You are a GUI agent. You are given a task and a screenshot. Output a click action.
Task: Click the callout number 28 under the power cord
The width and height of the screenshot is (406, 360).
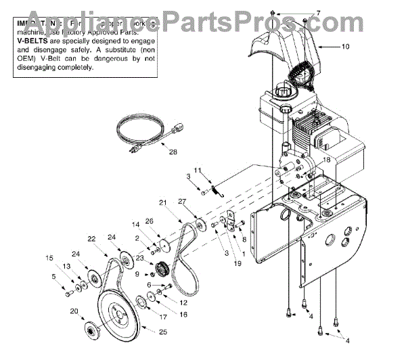coord(173,152)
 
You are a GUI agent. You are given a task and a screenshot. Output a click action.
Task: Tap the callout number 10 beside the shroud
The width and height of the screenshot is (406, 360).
coord(346,47)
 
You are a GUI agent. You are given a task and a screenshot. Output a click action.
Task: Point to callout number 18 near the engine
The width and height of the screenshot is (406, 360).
coord(325,160)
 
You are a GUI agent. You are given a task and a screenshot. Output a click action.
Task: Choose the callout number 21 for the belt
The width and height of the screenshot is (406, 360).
coord(163,202)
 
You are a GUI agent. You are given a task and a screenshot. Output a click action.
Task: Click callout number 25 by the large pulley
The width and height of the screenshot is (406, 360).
coord(162,331)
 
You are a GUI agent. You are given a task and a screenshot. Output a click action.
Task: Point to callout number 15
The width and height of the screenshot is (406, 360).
coord(49,257)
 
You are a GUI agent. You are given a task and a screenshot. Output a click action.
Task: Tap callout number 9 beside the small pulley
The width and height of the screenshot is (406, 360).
coord(137,274)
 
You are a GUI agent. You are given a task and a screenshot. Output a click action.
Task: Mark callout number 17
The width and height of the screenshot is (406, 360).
coord(162,315)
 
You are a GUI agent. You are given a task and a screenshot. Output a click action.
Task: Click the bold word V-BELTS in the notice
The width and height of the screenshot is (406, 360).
coord(28,41)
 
